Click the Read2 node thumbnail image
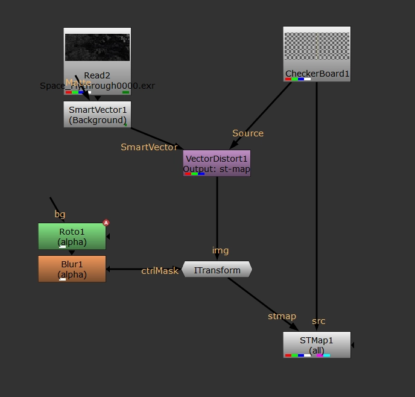click(97, 48)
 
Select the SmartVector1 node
click(97, 115)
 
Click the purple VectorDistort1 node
click(217, 163)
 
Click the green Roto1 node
click(72, 236)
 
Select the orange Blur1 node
click(72, 269)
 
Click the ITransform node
click(217, 270)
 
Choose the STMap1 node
click(317, 345)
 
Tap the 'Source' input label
click(248, 133)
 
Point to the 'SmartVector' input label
click(149, 147)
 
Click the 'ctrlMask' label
click(160, 271)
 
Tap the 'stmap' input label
click(282, 316)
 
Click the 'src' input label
click(318, 321)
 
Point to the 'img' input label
click(220, 250)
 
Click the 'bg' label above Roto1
click(60, 214)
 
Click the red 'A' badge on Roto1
click(106, 223)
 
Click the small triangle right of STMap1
click(353, 345)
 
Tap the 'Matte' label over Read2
click(78, 82)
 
